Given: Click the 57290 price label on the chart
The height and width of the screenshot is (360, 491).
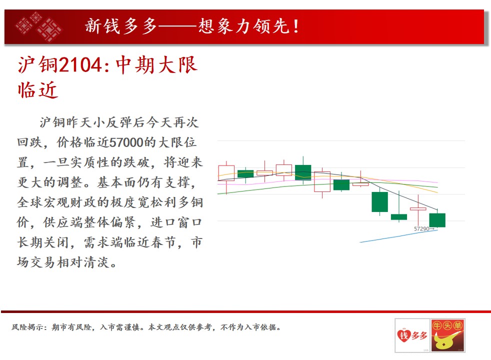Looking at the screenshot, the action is (x=421, y=229).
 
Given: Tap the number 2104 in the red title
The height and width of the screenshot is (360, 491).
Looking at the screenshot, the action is (x=80, y=65).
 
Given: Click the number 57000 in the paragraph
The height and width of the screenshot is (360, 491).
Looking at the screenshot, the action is (x=126, y=142).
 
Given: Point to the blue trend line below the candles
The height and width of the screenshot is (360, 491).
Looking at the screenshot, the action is (x=398, y=236).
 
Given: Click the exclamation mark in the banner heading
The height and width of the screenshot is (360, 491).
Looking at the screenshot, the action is (x=295, y=26).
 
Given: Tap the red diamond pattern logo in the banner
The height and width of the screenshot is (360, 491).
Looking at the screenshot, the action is (x=38, y=26).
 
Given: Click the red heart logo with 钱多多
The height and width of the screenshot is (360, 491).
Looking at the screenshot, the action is (x=412, y=335).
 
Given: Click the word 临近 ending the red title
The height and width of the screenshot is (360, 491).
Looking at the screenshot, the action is (x=38, y=90).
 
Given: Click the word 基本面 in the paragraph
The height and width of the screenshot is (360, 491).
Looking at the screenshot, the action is (x=117, y=182).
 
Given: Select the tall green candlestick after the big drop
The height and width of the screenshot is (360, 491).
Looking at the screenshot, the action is (x=380, y=201).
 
